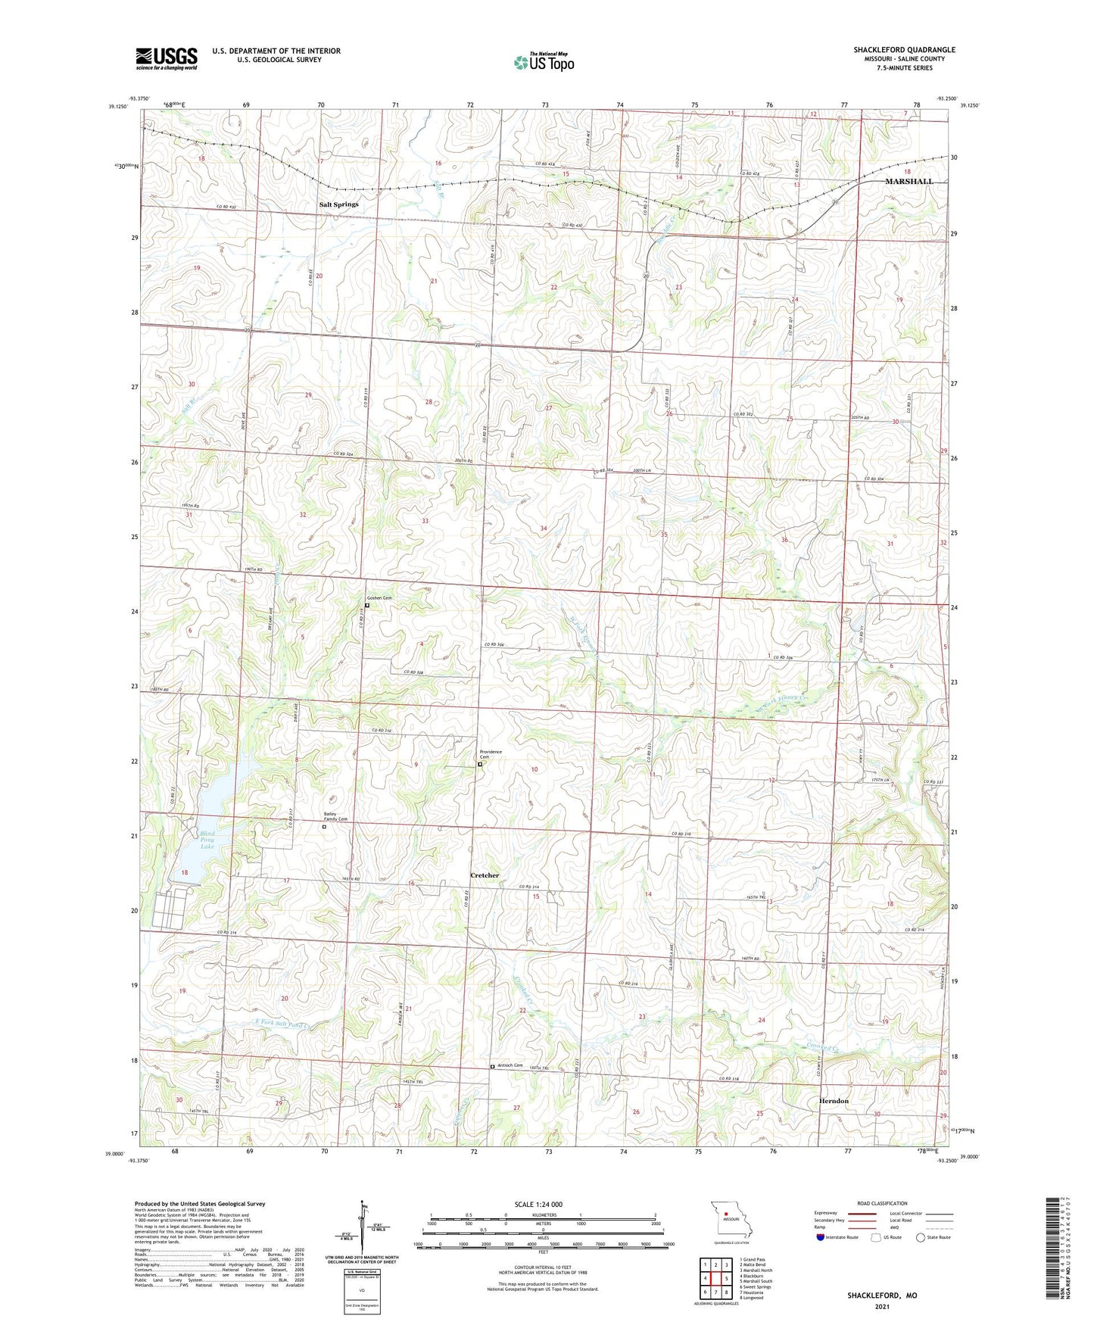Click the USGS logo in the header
pyautogui.click(x=167, y=58)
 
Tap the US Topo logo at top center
pyautogui.click(x=544, y=61)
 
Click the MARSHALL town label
pyautogui.click(x=909, y=182)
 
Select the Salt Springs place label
pyautogui.click(x=338, y=204)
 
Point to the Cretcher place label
pyautogui.click(x=485, y=875)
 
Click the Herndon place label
pyautogui.click(x=834, y=1101)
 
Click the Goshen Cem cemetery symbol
pyautogui.click(x=367, y=605)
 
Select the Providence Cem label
pyautogui.click(x=490, y=754)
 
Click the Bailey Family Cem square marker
pyautogui.click(x=324, y=827)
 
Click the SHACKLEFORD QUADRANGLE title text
pyautogui.click(x=904, y=50)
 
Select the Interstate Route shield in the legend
pyautogui.click(x=821, y=1237)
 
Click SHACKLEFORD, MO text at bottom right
pyautogui.click(x=881, y=1295)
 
